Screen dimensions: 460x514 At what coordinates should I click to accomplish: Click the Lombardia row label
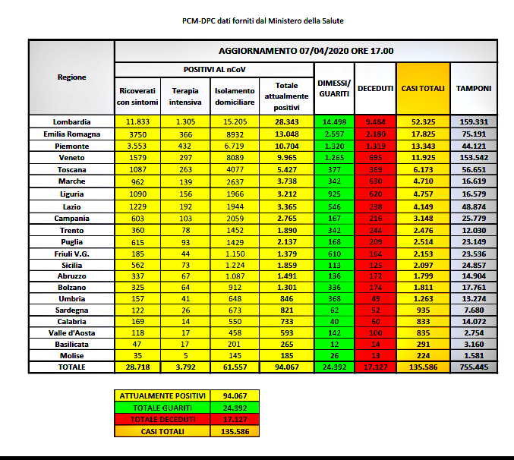tap(72, 121)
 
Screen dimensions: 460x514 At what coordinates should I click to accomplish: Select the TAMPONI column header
tap(473, 88)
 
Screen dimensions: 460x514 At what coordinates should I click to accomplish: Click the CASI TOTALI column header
tap(423, 88)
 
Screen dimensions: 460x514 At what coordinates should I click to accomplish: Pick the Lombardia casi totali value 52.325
tap(423, 121)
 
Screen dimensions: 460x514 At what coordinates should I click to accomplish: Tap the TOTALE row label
tap(72, 367)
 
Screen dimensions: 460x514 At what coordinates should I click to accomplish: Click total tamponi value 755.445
tap(473, 367)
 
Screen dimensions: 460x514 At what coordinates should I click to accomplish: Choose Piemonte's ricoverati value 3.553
tap(137, 146)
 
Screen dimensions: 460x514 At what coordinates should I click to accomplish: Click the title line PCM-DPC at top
tap(257, 21)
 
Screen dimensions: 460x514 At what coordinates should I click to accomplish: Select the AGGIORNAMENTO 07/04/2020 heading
tap(306, 51)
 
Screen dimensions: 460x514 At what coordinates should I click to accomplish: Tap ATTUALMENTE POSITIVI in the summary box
tap(162, 395)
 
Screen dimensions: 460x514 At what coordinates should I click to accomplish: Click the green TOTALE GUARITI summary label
tap(162, 408)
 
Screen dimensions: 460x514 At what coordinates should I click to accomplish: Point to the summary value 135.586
tap(235, 431)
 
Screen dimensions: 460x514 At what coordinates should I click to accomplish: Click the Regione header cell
tap(72, 77)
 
